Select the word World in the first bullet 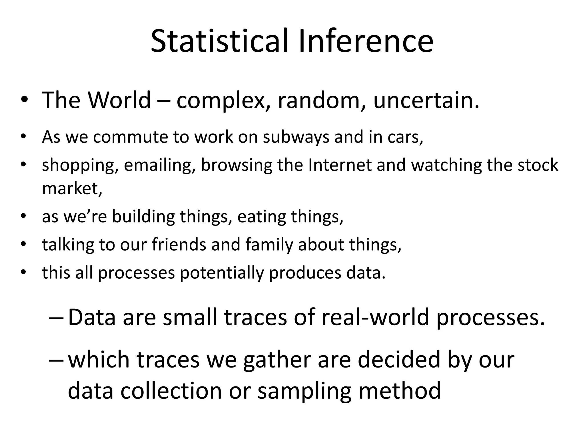click(119, 100)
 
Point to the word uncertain click(426, 100)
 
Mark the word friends click(179, 245)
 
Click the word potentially click(222, 273)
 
